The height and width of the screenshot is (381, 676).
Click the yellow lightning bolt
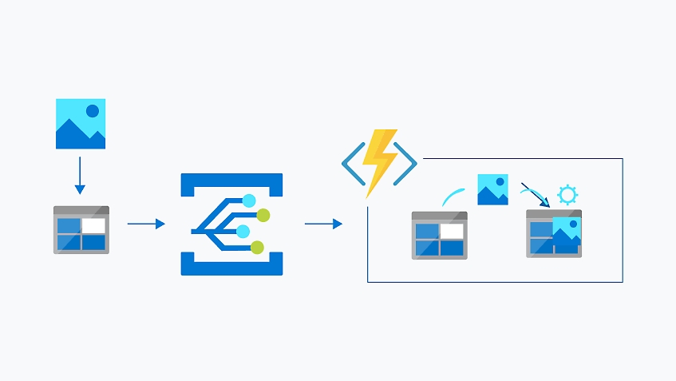[380, 162]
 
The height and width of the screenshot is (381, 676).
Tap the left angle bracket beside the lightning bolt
[352, 164]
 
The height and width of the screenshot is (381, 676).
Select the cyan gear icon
[567, 195]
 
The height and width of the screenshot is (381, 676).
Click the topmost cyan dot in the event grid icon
[249, 200]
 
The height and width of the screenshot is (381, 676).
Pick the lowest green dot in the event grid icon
[257, 248]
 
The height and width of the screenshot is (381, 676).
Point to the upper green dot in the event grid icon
[263, 215]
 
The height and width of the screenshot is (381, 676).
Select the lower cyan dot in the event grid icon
[243, 232]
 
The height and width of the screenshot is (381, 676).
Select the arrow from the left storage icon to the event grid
[146, 224]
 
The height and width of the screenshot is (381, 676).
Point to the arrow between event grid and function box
[323, 224]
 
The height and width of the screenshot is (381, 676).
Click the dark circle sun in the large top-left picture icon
[93, 111]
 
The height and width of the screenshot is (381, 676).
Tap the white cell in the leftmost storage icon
[93, 226]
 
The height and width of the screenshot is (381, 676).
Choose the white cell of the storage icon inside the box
[452, 232]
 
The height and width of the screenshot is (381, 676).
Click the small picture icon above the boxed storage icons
[492, 189]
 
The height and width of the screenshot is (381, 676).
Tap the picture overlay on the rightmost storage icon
[566, 233]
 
